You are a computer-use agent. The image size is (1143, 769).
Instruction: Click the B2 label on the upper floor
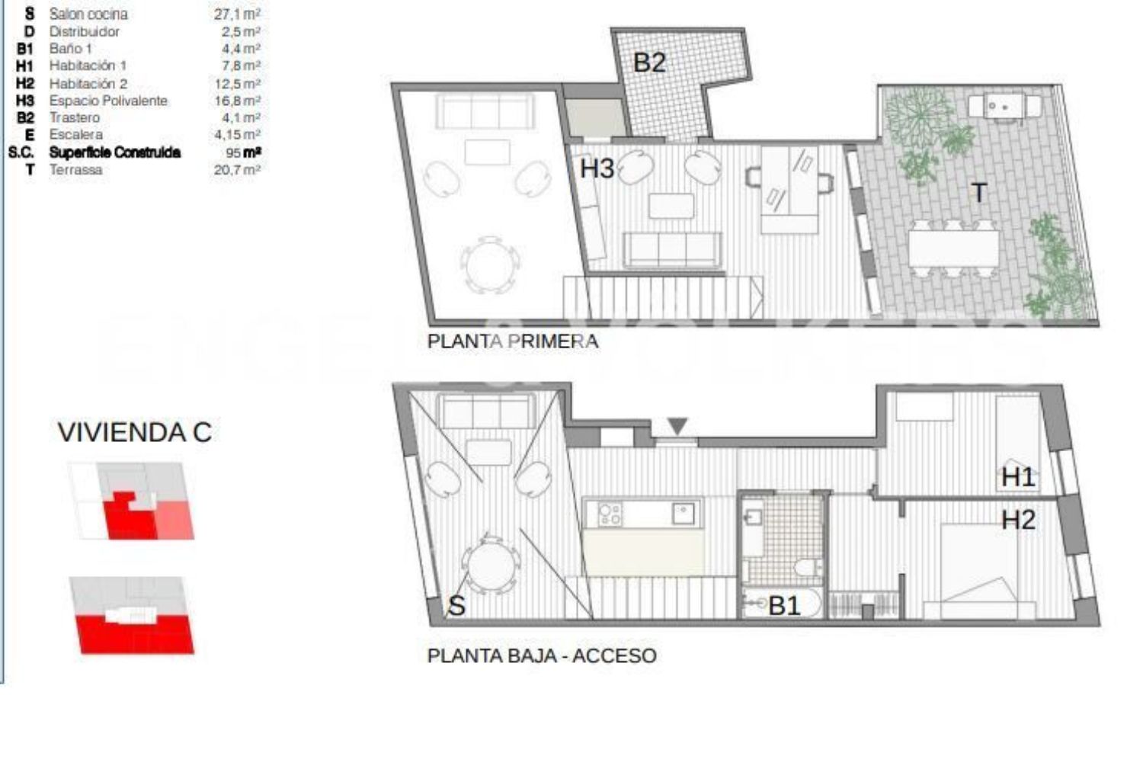pos(649,62)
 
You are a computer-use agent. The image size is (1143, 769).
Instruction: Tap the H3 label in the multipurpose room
pos(597,168)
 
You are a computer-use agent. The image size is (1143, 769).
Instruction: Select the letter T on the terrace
pos(978,194)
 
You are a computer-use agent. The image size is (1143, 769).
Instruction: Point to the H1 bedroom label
pos(1018,477)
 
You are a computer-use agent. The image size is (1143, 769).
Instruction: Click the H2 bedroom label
pos(1019,520)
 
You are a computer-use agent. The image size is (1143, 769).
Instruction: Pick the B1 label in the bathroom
pos(784,606)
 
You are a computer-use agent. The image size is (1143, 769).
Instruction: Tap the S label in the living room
pos(456,606)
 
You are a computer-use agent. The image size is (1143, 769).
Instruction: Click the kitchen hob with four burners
pos(610,514)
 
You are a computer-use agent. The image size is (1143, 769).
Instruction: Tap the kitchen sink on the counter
pos(683,513)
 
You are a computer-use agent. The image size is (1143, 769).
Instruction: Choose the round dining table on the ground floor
pos(491,565)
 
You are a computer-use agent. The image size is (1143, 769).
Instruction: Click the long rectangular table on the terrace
pos(954,248)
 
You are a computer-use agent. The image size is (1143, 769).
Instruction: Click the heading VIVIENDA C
pos(135,432)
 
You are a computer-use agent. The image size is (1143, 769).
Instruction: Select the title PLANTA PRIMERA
pos(513,341)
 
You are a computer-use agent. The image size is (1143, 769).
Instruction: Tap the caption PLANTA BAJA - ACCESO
pos(542,655)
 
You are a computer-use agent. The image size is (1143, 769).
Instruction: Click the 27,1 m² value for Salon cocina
pos(237,14)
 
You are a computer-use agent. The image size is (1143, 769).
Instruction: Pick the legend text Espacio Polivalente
pos(108,101)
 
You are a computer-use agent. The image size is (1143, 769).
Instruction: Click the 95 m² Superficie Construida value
pos(244,152)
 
